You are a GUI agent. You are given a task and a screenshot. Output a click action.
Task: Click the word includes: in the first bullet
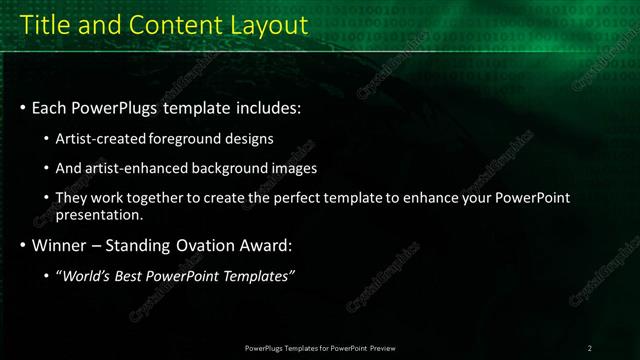tap(265, 107)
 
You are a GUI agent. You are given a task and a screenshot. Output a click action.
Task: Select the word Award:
tap(265, 245)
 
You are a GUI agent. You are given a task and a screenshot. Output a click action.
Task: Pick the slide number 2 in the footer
tap(590, 348)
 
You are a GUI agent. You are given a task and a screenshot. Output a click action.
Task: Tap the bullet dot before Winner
tap(22, 246)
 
